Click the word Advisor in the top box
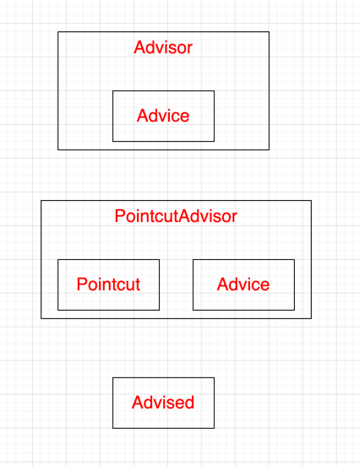pyautogui.click(x=163, y=47)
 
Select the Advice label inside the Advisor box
pyautogui.click(x=163, y=116)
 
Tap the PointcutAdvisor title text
pyautogui.click(x=176, y=216)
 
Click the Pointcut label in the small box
pyautogui.click(x=108, y=284)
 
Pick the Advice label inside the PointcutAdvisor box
pyautogui.click(x=243, y=284)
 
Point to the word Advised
pyautogui.click(x=163, y=403)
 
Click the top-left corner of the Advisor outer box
pyautogui.click(x=58, y=32)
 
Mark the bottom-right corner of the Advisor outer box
pyautogui.click(x=269, y=149)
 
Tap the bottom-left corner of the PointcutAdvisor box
pyautogui.click(x=41, y=318)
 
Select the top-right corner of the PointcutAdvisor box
pyautogui.click(x=311, y=201)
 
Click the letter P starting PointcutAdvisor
pyautogui.click(x=119, y=216)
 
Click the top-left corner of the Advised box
pyautogui.click(x=113, y=378)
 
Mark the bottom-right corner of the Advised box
pyautogui.click(x=214, y=428)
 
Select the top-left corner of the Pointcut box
pyautogui.click(x=58, y=260)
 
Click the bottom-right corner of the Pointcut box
pyautogui.click(x=159, y=310)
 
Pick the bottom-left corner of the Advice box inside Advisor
pyautogui.click(x=113, y=141)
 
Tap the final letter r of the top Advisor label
pyautogui.click(x=190, y=48)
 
